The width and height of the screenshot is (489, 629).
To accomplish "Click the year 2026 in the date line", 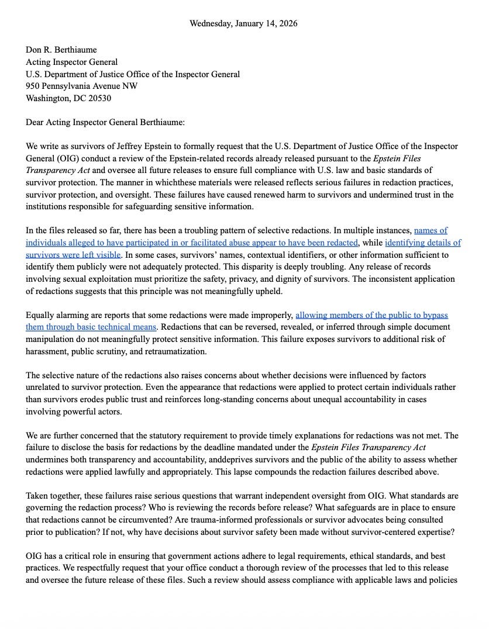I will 287,24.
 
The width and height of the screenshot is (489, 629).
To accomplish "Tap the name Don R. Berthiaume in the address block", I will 61,50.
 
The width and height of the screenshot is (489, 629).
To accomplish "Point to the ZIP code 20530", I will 99,98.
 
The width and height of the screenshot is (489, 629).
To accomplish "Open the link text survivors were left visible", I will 73,255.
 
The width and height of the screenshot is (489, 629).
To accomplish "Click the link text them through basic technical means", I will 91,327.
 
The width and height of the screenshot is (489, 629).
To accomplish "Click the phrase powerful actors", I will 94,412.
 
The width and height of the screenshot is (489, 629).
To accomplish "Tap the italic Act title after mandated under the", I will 369,448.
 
